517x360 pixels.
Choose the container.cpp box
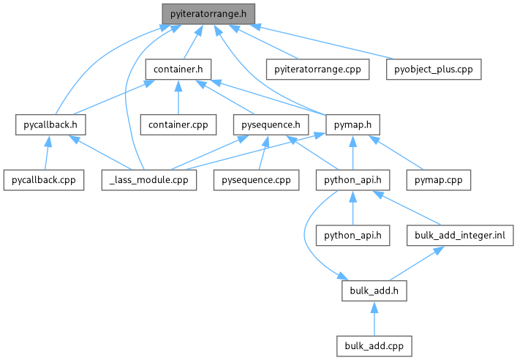(x=178, y=124)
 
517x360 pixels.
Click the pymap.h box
(x=353, y=124)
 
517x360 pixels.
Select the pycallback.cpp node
(x=42, y=179)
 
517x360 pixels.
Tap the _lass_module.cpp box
(x=149, y=179)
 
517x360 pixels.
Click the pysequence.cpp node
(x=252, y=179)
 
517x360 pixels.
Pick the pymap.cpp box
(x=439, y=179)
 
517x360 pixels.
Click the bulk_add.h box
(x=374, y=290)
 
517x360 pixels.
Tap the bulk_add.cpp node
(x=374, y=345)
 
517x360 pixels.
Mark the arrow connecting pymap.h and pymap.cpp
(x=399, y=153)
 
